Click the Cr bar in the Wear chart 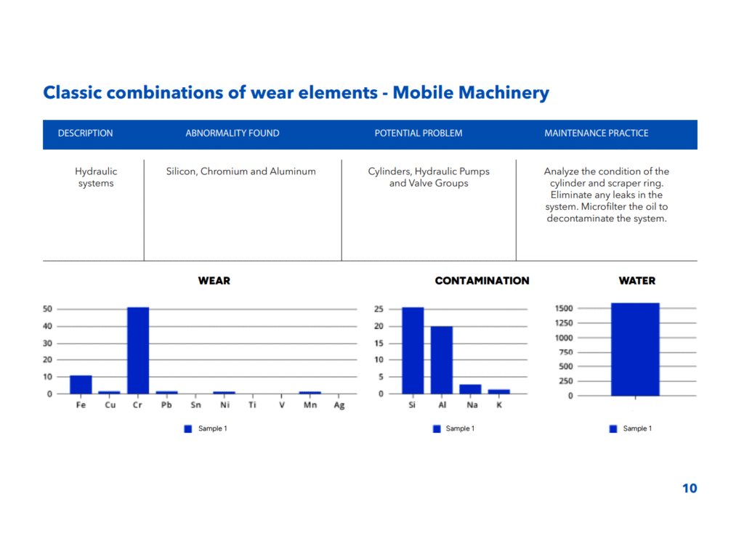click(138, 350)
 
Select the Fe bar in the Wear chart click(81, 384)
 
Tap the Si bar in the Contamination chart click(413, 350)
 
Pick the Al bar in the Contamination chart click(442, 360)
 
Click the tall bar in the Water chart click(635, 349)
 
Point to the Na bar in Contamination click(470, 389)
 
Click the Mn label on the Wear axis click(310, 405)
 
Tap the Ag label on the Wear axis click(339, 405)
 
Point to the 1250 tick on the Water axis click(564, 323)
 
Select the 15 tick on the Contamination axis click(379, 343)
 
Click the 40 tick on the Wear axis click(47, 326)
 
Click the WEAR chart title click(214, 280)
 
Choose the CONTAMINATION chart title click(482, 280)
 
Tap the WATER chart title click(637, 280)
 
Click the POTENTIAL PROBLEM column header click(418, 133)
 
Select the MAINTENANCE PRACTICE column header click(597, 133)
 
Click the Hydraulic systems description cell click(96, 177)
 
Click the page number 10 click(690, 488)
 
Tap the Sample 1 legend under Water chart click(631, 428)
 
